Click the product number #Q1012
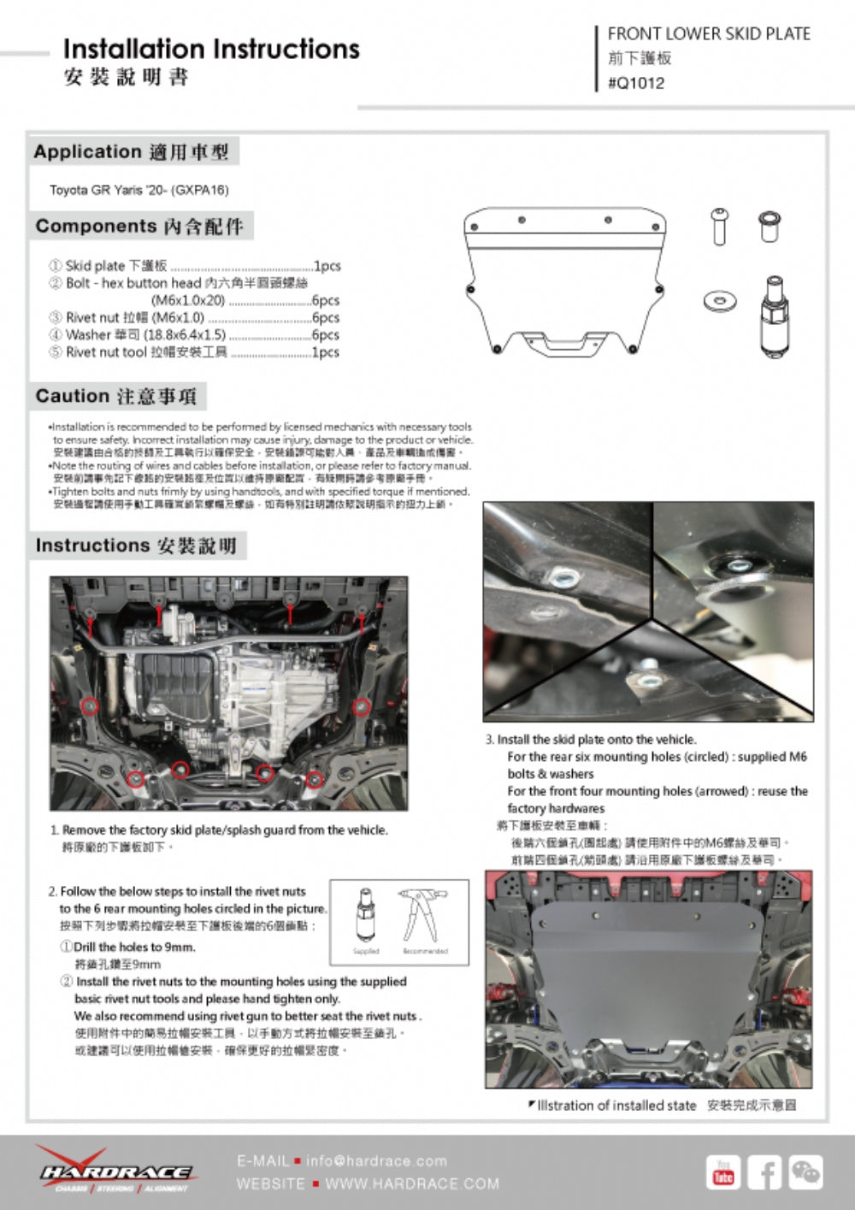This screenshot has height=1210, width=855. click(x=635, y=83)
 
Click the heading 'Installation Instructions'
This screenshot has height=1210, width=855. click(x=211, y=49)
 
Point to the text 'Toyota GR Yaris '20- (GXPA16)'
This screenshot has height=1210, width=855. click(x=139, y=190)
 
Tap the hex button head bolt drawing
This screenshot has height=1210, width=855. click(x=719, y=226)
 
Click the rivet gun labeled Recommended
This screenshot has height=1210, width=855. click(x=424, y=914)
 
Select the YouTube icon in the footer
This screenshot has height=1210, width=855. click(x=723, y=1172)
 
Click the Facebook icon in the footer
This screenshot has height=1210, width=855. click(x=764, y=1172)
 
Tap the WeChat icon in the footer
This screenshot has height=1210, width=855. click(x=805, y=1172)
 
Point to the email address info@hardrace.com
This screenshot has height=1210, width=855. click(x=376, y=1161)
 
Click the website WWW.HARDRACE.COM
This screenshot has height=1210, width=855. click(x=412, y=1184)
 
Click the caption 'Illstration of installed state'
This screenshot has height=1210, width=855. click(x=616, y=1106)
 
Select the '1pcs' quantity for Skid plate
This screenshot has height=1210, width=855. click(x=327, y=266)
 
